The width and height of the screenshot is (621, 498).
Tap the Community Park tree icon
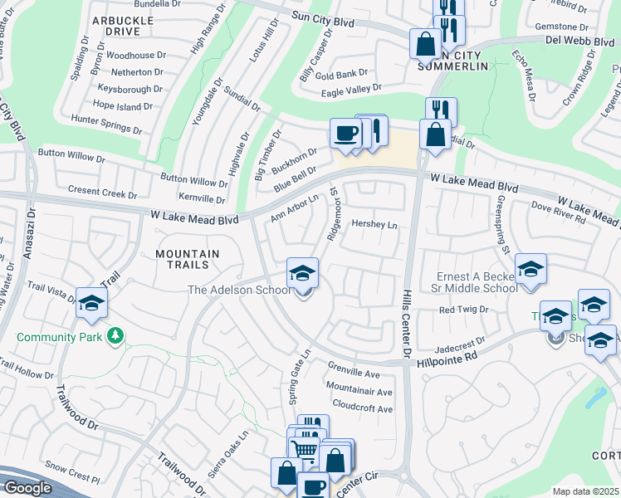tap(115, 336)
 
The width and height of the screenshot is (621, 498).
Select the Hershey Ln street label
tap(375, 225)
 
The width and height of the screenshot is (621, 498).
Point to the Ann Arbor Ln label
tap(294, 208)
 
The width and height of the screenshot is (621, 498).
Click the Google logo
tap(27, 488)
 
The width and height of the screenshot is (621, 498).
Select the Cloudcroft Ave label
tap(362, 408)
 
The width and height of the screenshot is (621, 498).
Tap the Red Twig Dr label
tap(462, 310)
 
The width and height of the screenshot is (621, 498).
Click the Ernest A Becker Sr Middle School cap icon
tap(531, 269)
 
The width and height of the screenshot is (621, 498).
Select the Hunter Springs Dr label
tap(114, 120)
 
